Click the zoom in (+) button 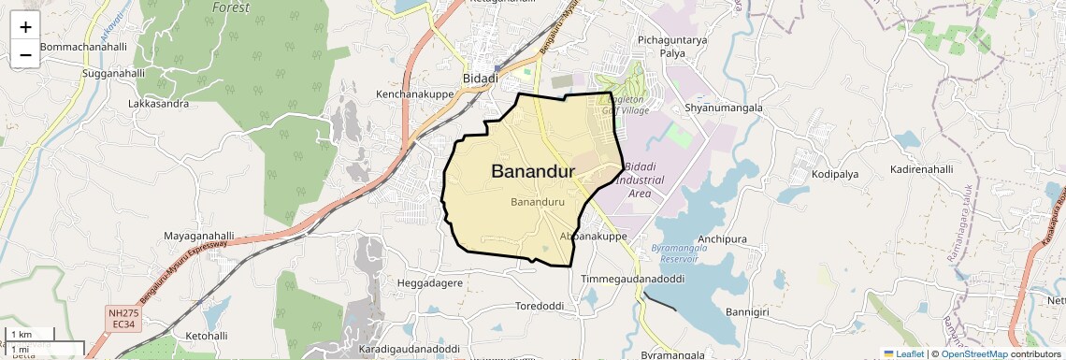(25, 27)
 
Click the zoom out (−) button (25, 54)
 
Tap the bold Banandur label (532, 172)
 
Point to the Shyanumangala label (724, 108)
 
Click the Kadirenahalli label (922, 169)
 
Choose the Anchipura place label (722, 238)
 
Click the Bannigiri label (747, 311)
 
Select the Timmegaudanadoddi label (633, 280)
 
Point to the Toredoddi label (540, 307)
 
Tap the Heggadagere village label (430, 282)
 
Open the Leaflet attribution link (902, 353)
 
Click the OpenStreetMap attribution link (973, 353)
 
